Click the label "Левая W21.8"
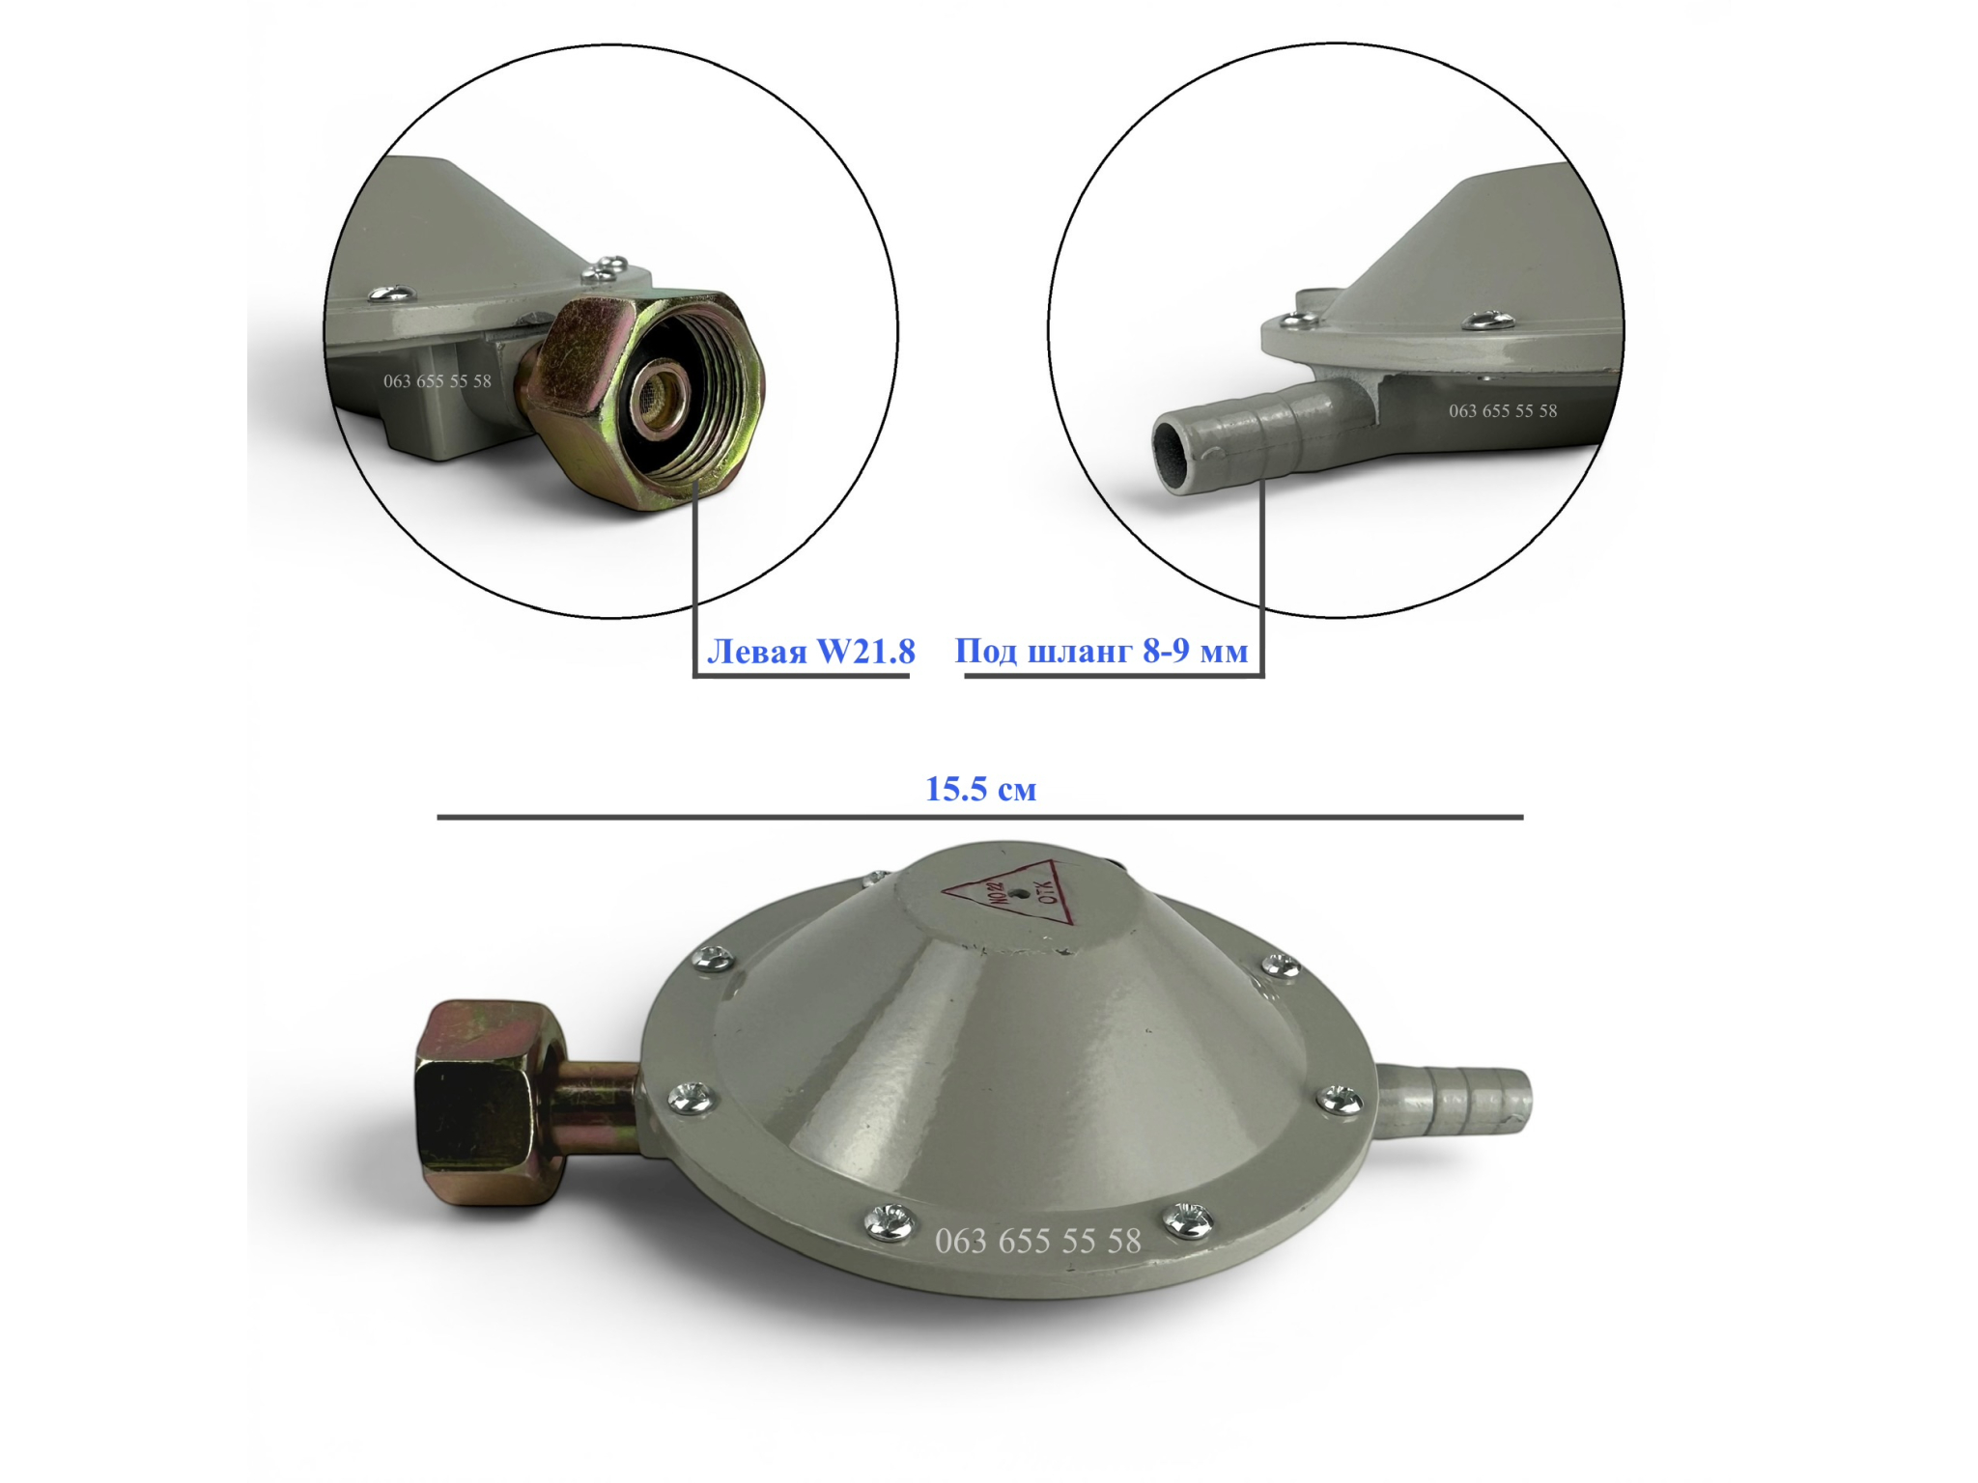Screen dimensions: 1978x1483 tap(811, 652)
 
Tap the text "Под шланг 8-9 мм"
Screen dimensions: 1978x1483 tap(1101, 652)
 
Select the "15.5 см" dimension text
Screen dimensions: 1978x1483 tap(981, 789)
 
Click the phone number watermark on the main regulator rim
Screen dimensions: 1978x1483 tap(1038, 1241)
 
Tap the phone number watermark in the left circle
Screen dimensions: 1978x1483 tap(438, 381)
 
